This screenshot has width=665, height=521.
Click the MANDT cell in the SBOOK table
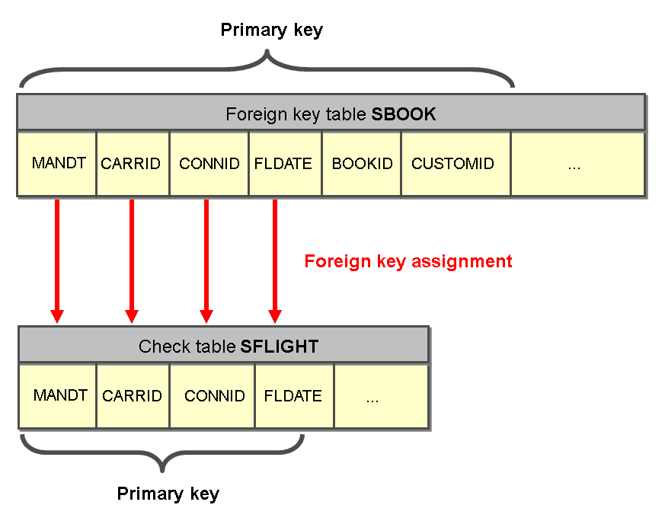tap(56, 164)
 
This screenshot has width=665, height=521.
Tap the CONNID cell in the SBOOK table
tap(209, 164)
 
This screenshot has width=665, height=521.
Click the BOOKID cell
tap(362, 164)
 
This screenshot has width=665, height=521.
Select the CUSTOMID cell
tap(452, 164)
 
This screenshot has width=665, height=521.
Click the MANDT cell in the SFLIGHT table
tap(60, 396)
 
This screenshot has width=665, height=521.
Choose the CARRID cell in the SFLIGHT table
tap(133, 396)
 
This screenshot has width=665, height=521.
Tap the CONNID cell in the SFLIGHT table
tap(214, 396)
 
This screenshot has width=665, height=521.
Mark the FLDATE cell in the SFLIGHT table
tap(293, 396)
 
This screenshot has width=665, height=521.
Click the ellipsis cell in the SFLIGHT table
tap(372, 397)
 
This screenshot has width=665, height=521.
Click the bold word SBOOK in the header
tap(404, 115)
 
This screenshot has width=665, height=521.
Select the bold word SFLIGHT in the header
tap(280, 347)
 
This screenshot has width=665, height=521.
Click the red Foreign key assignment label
tap(408, 262)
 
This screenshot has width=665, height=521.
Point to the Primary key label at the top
tap(272, 30)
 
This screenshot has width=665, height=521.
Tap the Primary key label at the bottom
tap(168, 494)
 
